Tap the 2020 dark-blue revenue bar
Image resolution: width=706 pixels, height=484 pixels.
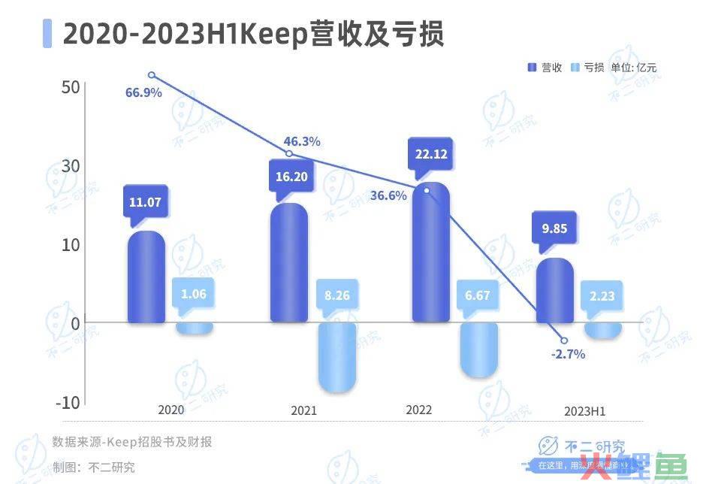[146, 277]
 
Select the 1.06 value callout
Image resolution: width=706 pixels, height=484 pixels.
[194, 294]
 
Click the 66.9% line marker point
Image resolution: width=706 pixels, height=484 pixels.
[151, 75]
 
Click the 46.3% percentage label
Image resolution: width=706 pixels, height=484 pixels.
[302, 141]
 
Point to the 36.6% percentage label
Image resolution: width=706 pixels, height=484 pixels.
[388, 195]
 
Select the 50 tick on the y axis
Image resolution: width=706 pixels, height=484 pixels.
[70, 87]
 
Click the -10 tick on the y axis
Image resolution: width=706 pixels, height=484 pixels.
[68, 402]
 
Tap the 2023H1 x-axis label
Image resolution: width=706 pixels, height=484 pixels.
[584, 411]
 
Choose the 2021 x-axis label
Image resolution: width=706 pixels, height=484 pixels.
[303, 411]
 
